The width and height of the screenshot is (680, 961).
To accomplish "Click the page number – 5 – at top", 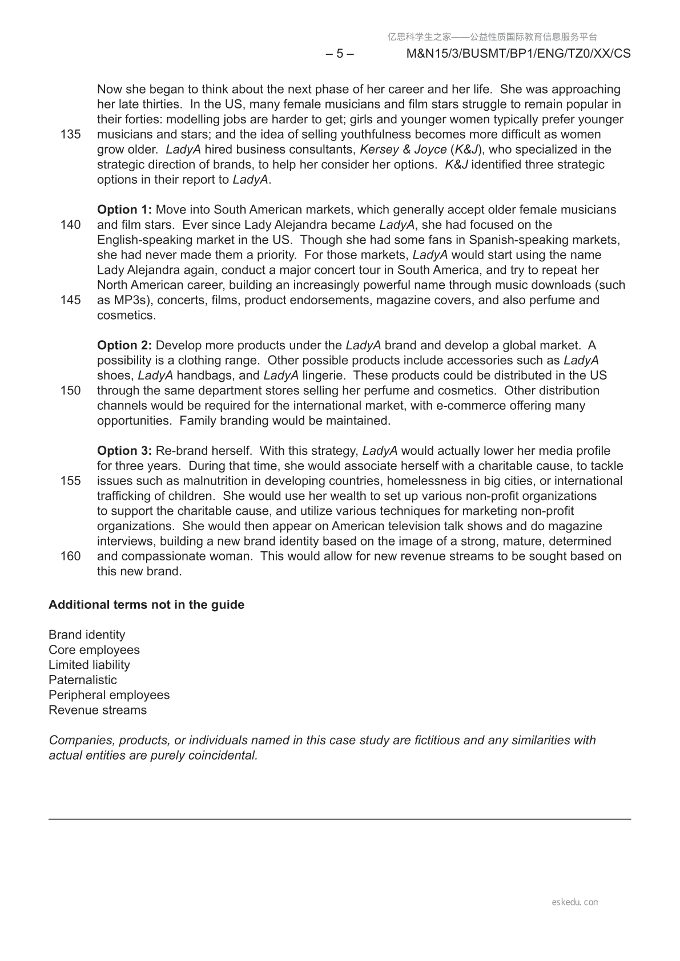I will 339,54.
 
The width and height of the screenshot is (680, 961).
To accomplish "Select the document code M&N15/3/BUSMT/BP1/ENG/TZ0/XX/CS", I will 518,54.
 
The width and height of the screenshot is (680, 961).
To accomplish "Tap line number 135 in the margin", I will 70,135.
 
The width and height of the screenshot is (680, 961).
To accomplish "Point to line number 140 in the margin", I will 70,225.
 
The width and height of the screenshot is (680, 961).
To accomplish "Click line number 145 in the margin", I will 70,300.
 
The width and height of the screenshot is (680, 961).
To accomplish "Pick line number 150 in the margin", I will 70,391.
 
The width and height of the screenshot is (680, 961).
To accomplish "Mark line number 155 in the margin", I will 70,481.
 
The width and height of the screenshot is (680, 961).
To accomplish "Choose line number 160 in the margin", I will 70,556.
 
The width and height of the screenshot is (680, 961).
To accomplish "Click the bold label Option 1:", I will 124,210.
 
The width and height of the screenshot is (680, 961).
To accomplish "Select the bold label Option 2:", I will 124,345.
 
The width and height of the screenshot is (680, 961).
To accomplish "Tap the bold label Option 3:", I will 124,451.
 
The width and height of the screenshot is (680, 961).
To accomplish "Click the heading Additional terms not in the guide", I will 146,605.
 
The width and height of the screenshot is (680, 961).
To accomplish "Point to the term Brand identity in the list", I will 87,635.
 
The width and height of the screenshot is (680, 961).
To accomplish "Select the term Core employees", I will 94,650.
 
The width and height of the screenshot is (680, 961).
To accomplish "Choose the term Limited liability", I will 89,665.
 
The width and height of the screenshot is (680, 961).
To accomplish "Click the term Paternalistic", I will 83,680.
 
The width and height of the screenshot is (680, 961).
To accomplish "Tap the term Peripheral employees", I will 109,695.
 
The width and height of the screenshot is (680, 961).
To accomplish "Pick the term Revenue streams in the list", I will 98,710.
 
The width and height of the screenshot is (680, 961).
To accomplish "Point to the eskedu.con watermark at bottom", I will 575,902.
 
